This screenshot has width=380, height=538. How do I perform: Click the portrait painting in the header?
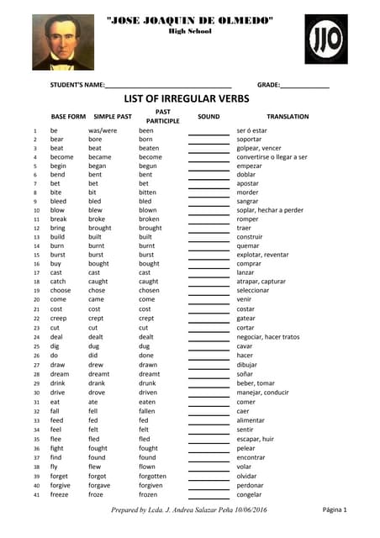pos(64,44)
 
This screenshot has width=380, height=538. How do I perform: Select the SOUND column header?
pos(208,117)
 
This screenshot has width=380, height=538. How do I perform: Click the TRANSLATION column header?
pos(287,117)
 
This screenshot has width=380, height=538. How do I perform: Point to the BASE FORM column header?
pos(68,117)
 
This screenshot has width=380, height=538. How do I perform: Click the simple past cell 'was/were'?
pos(103,131)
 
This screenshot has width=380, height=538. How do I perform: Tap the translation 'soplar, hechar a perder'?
pos(269,210)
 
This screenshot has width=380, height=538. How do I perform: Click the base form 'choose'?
pos(61,290)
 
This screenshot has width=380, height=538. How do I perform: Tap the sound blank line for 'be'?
pos(208,133)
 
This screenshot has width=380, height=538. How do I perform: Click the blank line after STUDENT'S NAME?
pos(168,87)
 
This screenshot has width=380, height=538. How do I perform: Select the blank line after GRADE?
pos(304,87)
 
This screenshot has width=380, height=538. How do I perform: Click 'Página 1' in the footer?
pos(334,510)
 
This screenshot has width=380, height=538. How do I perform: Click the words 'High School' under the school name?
pos(189,31)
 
